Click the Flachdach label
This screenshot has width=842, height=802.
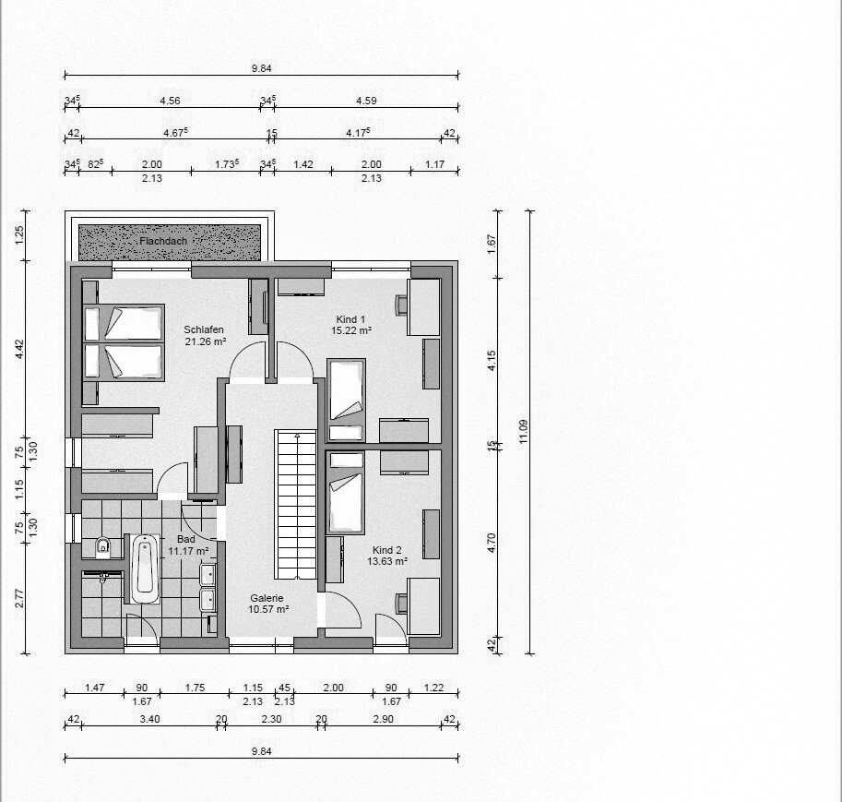163,242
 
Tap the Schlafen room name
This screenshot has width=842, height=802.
204,329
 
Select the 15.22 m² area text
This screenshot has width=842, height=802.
351,330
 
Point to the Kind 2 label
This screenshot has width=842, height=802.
386,550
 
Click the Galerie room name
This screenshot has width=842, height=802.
267,598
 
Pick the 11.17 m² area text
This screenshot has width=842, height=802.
188,551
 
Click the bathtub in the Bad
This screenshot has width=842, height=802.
145,569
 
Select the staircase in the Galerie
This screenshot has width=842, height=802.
295,504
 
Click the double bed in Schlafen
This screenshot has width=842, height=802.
124,343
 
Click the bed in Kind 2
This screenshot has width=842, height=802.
346,493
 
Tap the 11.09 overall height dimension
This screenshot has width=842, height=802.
524,432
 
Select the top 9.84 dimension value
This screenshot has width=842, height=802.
262,68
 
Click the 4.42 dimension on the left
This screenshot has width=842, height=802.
19,350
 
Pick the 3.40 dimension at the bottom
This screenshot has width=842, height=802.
149,719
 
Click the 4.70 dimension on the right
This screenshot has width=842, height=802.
492,543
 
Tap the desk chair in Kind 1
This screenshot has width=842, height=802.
402,305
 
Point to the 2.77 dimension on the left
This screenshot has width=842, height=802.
19,598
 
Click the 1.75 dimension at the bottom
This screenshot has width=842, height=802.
195,688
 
